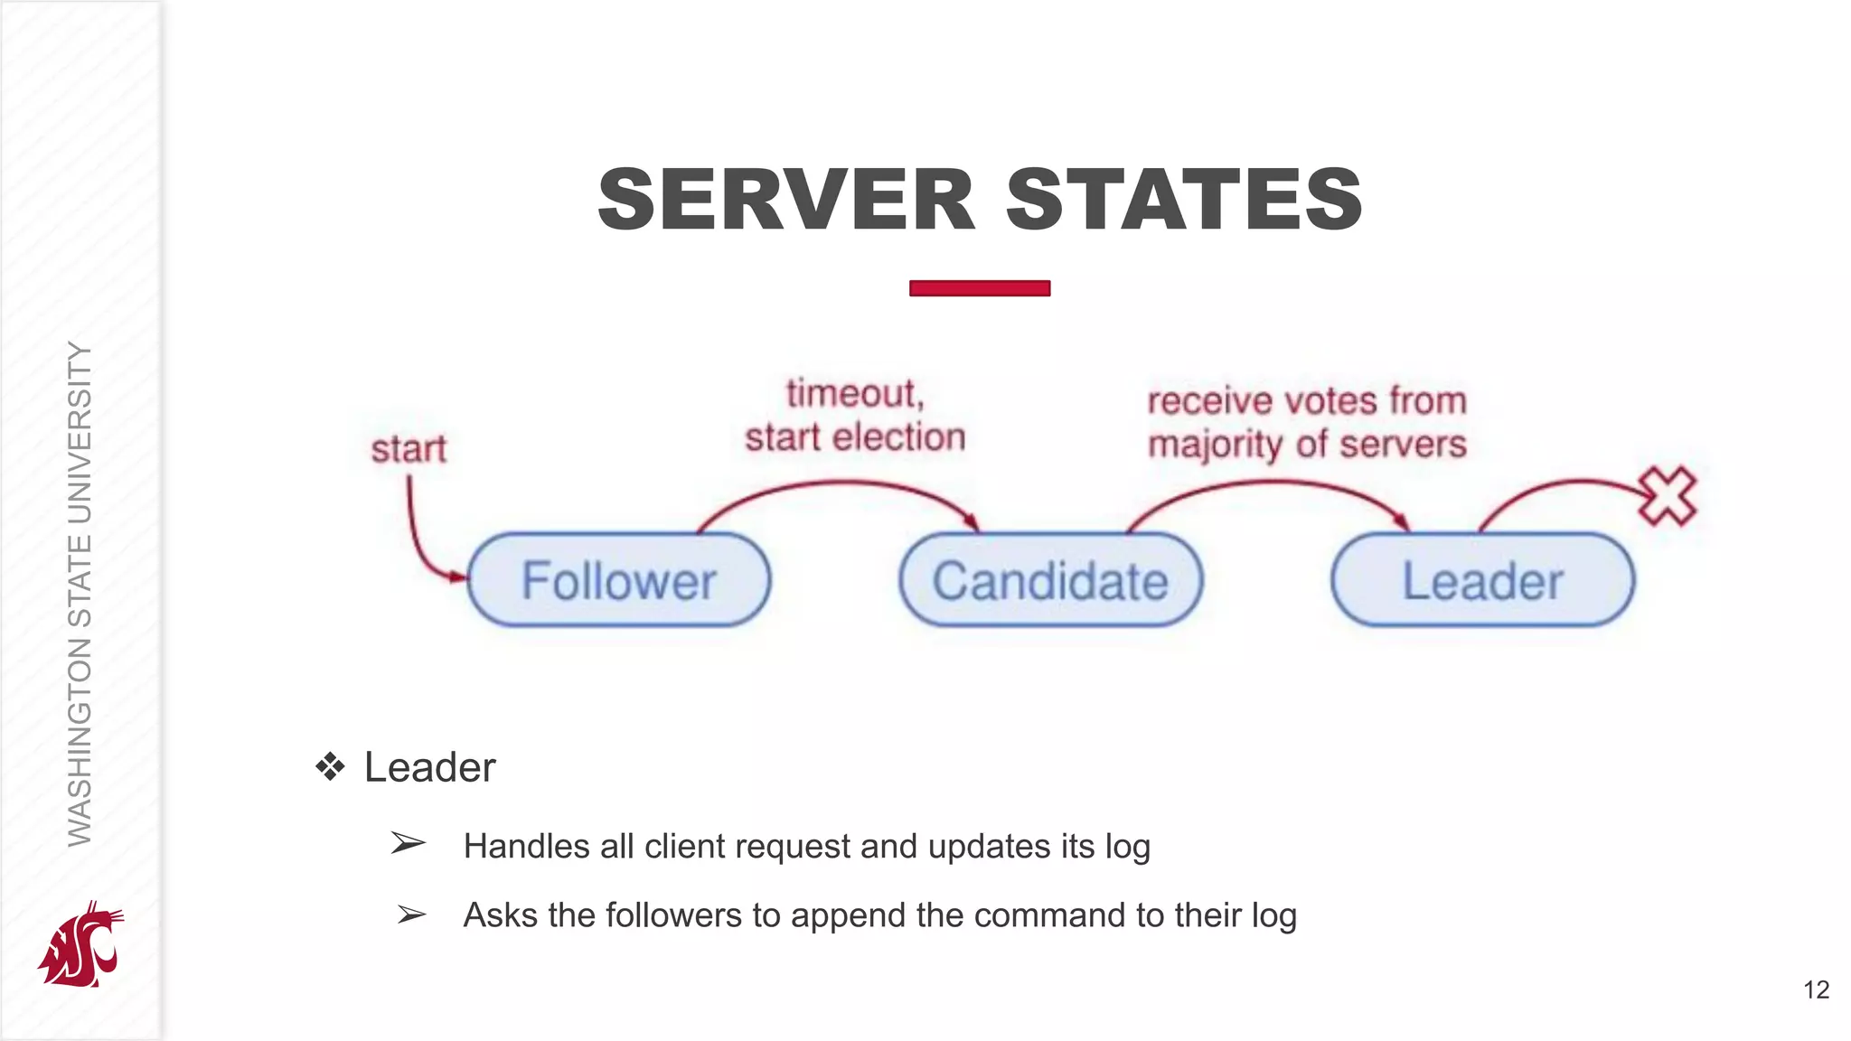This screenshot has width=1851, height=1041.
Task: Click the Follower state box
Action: pyautogui.click(x=619, y=580)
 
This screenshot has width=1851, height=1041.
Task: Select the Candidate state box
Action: pyautogui.click(x=1050, y=580)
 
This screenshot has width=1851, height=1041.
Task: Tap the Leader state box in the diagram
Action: pyautogui.click(x=1482, y=580)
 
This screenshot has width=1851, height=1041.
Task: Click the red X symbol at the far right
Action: pyautogui.click(x=1668, y=496)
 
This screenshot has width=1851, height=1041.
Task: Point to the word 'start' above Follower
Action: pyautogui.click(x=409, y=449)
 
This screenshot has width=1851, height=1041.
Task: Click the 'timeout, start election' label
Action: pyautogui.click(x=854, y=417)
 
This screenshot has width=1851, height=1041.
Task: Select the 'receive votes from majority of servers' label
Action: pyautogui.click(x=1306, y=422)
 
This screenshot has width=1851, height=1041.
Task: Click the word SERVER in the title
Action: pyautogui.click(x=786, y=200)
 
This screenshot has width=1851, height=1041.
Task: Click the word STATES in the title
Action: pyautogui.click(x=1184, y=200)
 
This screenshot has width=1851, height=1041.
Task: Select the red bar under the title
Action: pyautogui.click(x=980, y=288)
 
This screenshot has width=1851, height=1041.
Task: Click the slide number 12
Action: pyautogui.click(x=1816, y=989)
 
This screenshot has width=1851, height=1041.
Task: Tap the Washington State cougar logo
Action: pyautogui.click(x=81, y=945)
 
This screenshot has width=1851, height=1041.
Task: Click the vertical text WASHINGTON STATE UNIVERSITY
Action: pyautogui.click(x=80, y=594)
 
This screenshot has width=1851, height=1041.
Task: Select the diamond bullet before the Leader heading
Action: pyautogui.click(x=331, y=767)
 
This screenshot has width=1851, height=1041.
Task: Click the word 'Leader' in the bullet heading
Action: pyautogui.click(x=429, y=767)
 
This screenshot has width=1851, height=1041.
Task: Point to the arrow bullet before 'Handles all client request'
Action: pyautogui.click(x=408, y=844)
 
